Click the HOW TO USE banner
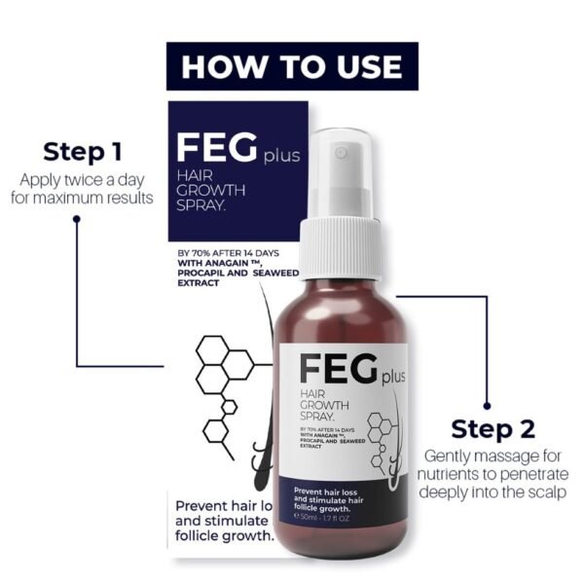292,66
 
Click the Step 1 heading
83,152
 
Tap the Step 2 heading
493,429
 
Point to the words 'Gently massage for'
493,456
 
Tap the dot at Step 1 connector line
76,218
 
